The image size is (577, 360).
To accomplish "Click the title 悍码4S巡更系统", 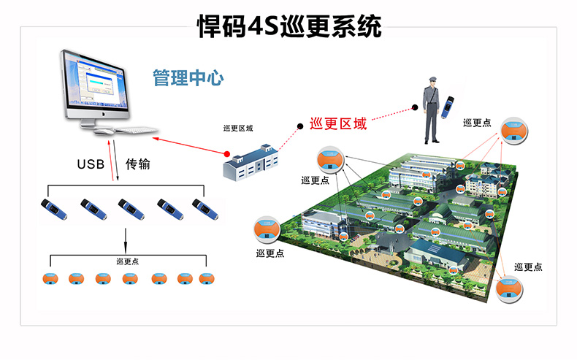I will tap(289, 27).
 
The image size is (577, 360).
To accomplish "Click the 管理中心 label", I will tap(188, 78).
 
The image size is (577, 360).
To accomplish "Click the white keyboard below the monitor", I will tap(131, 131).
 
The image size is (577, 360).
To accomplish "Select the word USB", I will tap(91, 164).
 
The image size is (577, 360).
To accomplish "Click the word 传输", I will tap(138, 164).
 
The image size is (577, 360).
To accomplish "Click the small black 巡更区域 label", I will tap(238, 129).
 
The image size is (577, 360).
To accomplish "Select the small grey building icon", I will tap(251, 161).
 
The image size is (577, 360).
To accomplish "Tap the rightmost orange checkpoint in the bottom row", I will tap(207, 278).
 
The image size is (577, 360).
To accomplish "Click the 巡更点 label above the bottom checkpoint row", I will tap(128, 261).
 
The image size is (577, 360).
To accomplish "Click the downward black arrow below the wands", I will tap(126, 237).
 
